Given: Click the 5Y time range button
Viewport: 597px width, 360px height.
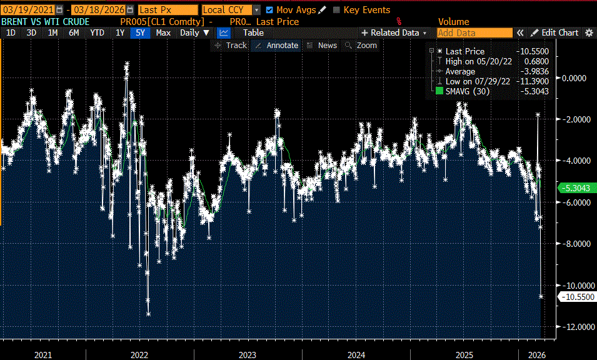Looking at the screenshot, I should [x=140, y=32].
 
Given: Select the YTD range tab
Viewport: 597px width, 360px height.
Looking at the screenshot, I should [x=97, y=32].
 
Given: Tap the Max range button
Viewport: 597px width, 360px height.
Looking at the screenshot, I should [x=163, y=32].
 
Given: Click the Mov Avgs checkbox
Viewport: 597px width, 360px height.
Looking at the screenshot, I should [x=269, y=10].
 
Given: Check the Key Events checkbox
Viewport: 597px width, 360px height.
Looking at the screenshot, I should [x=337, y=10].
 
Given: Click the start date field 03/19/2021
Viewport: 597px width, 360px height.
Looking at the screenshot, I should [x=27, y=10].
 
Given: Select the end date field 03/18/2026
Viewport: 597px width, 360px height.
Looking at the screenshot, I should [x=98, y=10].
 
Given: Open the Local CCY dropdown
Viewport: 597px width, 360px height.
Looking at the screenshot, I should [x=231, y=10].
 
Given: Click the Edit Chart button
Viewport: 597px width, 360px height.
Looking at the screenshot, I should [x=555, y=32].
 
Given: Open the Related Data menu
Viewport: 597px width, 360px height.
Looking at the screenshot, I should [x=394, y=32].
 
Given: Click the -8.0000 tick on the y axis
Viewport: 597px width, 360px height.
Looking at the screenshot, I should [x=576, y=244].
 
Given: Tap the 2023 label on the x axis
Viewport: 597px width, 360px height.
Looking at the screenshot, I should [x=248, y=355].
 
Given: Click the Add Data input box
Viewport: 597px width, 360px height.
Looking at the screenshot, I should [x=474, y=32].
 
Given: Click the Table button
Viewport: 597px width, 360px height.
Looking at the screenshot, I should [x=253, y=32].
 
